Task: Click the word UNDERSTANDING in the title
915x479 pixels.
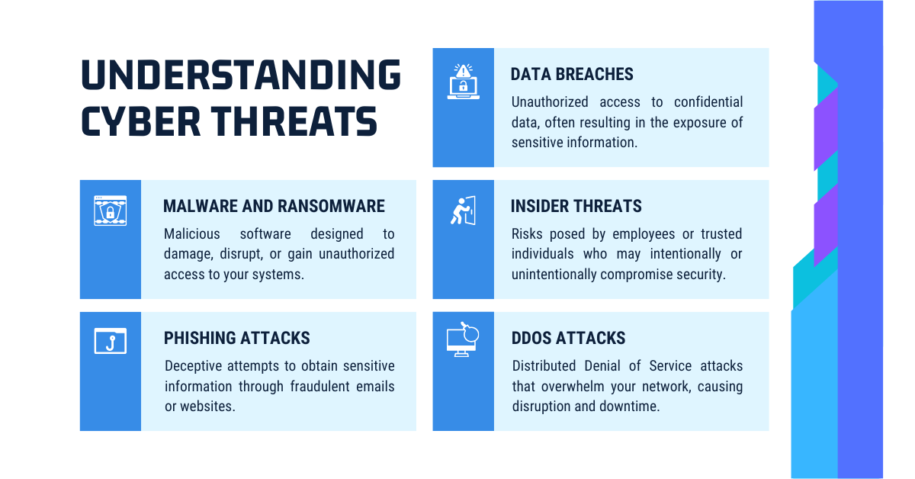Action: tap(241, 75)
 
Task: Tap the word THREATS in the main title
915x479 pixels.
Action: tap(294, 121)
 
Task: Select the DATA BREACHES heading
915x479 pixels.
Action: tap(572, 75)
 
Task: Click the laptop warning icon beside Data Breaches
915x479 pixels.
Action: tap(464, 82)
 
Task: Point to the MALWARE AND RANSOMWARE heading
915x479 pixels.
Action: tap(274, 206)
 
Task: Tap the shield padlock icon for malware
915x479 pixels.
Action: tap(111, 211)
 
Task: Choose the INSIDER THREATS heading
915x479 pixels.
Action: tap(576, 206)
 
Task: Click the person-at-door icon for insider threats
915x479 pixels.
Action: tap(464, 211)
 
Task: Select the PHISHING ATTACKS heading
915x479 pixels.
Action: tap(237, 338)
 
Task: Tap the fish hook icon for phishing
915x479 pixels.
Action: tap(111, 341)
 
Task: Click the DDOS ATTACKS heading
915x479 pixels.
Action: tap(568, 338)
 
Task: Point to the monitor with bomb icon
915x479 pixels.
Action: tap(463, 339)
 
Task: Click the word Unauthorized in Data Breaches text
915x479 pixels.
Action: tap(550, 101)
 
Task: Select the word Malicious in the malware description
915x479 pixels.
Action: tap(192, 233)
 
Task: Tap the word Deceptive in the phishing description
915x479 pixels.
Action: tap(193, 366)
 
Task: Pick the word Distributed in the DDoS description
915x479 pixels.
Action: tap(544, 366)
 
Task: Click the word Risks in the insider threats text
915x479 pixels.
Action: tap(527, 233)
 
